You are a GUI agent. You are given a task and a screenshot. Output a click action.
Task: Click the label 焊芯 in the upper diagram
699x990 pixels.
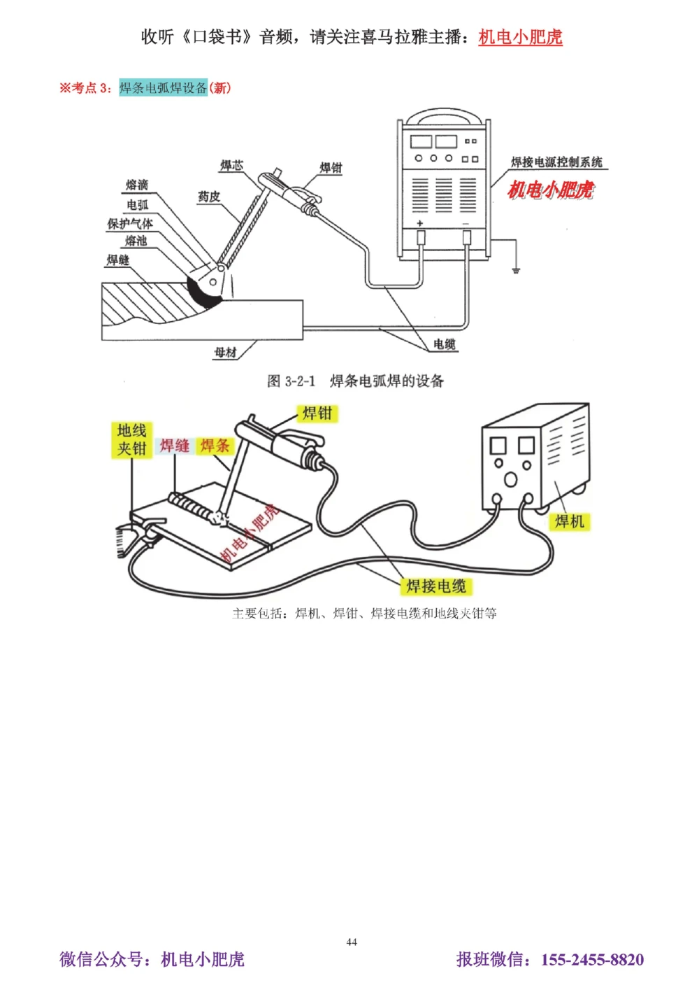coord(231,166)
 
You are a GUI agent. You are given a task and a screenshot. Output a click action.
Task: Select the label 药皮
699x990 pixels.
coord(208,197)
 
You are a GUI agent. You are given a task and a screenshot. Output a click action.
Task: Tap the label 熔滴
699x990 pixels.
coord(137,185)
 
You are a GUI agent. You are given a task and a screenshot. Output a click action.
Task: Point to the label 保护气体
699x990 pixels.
coord(129,224)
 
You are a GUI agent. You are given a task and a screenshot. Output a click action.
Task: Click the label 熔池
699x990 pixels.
coord(136,241)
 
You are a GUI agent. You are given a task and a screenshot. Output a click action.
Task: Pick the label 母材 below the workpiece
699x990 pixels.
coord(225,352)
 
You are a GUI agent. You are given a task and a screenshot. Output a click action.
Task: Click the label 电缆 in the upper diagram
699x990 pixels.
coord(445,344)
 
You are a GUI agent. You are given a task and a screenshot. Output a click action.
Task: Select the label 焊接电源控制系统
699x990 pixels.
coord(556,162)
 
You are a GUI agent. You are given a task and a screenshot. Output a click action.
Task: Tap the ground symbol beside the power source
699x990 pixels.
coord(516,269)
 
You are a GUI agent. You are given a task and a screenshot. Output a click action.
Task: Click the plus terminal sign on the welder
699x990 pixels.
coord(420,223)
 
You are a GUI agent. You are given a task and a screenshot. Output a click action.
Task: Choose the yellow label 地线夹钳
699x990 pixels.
coord(131,440)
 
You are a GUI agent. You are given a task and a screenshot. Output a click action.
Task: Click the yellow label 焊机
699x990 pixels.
coord(569,521)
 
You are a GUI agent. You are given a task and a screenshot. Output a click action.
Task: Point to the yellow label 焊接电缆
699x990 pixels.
coord(436,586)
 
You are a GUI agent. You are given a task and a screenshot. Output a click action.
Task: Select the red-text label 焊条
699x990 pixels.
coord(215,446)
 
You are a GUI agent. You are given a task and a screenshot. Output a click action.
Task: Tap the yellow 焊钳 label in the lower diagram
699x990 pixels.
coord(317,413)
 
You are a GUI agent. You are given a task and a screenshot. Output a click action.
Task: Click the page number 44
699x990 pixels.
coord(352,942)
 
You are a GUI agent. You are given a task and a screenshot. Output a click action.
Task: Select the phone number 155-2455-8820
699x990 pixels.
coord(592,959)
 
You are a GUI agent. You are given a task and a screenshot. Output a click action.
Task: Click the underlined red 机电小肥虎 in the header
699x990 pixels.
coord(520,37)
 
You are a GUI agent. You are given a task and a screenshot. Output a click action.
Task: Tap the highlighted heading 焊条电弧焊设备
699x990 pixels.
coord(163,88)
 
